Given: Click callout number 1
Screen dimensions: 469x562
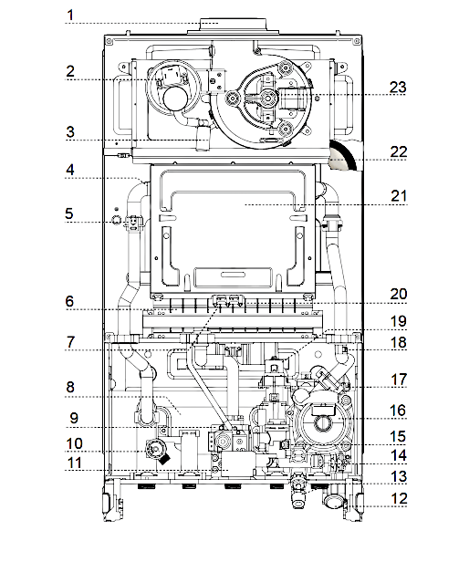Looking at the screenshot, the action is (x=70, y=15).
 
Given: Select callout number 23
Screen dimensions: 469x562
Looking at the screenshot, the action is (x=398, y=87).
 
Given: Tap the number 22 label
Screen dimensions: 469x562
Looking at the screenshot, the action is (x=399, y=152).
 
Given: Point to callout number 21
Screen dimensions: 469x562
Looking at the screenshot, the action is (x=399, y=196).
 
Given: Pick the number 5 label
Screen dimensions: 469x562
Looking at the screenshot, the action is (x=69, y=213).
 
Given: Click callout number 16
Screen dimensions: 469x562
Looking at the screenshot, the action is (x=398, y=411).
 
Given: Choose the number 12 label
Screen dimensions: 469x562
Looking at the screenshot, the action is (x=399, y=498).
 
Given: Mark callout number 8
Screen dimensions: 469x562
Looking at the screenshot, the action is (x=70, y=387).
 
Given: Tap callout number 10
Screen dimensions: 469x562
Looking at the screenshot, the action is (x=75, y=443).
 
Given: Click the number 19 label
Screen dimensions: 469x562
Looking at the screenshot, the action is (x=399, y=321).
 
